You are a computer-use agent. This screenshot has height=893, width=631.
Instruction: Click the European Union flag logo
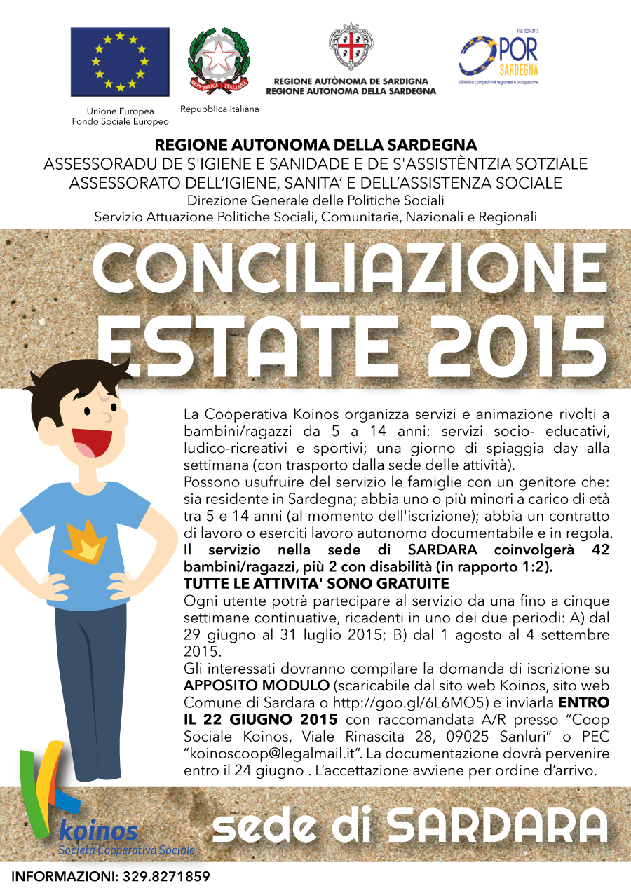[x=120, y=62]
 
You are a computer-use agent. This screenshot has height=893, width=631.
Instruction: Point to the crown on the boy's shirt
[x=85, y=540]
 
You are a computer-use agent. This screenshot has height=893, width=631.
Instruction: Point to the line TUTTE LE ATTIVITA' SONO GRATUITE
[x=316, y=584]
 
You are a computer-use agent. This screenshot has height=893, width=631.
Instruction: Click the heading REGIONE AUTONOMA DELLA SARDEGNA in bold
[x=315, y=146]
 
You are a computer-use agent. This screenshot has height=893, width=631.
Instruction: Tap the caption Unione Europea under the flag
[x=120, y=111]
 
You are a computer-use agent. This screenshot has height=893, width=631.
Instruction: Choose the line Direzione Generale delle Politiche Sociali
[x=315, y=201]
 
